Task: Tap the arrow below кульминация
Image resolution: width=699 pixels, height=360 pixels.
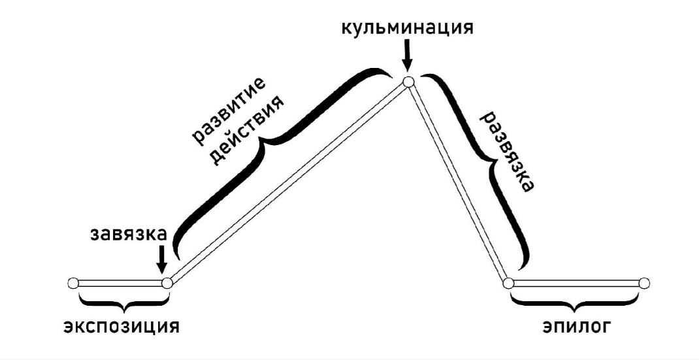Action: pos(407,56)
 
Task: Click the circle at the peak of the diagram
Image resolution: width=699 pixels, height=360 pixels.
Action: pos(408,82)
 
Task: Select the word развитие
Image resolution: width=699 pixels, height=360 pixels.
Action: pos(227,108)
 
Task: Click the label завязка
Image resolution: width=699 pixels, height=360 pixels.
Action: pos(129,233)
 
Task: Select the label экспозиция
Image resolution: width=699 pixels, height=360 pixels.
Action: pos(121,325)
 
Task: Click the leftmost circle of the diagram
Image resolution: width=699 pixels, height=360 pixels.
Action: pos(73,283)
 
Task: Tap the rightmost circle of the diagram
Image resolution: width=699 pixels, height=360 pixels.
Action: pos(644,283)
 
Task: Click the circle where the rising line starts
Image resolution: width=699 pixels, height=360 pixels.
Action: pos(167,283)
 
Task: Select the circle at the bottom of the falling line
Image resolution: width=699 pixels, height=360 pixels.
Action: pos(509,283)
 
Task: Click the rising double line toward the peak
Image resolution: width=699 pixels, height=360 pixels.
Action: pos(287,182)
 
